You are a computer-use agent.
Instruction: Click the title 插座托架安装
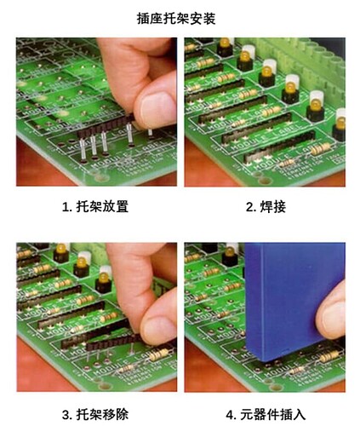coord(176,19)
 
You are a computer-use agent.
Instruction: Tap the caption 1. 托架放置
coord(95,206)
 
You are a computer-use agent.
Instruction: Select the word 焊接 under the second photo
coord(273,206)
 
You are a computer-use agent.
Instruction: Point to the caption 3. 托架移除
coord(95,414)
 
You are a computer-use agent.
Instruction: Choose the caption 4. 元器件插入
coord(266,414)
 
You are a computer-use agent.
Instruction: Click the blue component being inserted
coord(292,298)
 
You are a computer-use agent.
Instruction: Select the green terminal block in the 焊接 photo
coord(292,57)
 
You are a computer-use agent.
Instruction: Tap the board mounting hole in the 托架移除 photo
coord(104,386)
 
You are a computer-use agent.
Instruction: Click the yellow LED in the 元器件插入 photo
coord(230,251)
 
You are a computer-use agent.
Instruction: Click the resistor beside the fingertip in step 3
coord(158,354)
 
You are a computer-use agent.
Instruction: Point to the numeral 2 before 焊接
coord(249,207)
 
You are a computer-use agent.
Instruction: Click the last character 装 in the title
coord(209,19)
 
